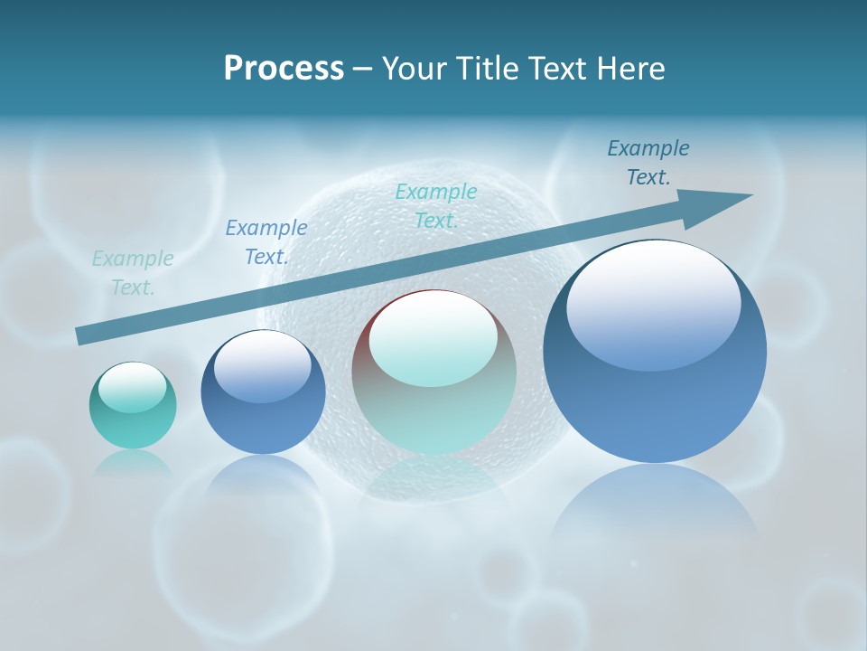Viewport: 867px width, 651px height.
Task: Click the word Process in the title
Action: pos(284,69)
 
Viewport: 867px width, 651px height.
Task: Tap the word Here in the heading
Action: pos(629,69)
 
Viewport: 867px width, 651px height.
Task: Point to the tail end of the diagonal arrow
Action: pos(79,336)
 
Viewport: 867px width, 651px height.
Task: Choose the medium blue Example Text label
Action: pos(266,242)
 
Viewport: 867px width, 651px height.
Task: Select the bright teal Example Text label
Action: pos(436,205)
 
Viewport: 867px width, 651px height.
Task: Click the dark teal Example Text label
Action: pos(648,163)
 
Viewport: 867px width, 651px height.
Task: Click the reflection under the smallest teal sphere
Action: pos(133,462)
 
